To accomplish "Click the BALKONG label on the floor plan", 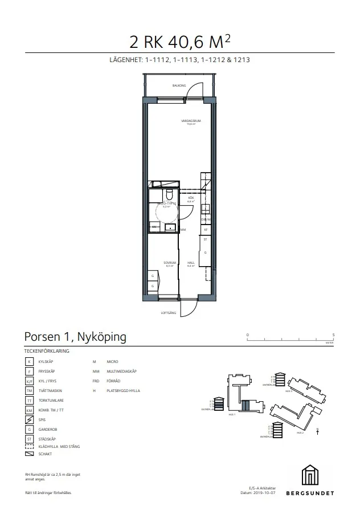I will (x=179, y=85).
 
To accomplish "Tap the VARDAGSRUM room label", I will (x=189, y=121).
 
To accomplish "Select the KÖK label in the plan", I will (x=191, y=198).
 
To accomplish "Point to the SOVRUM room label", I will (x=169, y=263).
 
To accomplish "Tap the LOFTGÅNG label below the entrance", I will (x=168, y=313).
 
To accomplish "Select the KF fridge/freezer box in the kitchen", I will (x=205, y=229).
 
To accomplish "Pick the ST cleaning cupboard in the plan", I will (x=205, y=240).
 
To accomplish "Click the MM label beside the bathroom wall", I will (x=183, y=230).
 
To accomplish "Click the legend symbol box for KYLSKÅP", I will (x=29, y=361).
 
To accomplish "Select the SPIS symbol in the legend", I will (x=29, y=419).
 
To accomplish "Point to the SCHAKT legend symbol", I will (x=29, y=454).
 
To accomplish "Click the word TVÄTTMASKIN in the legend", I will (x=50, y=390).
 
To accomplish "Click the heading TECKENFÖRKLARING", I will (x=47, y=351).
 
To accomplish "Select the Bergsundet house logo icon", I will (x=314, y=475).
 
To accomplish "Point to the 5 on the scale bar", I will (x=334, y=334).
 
